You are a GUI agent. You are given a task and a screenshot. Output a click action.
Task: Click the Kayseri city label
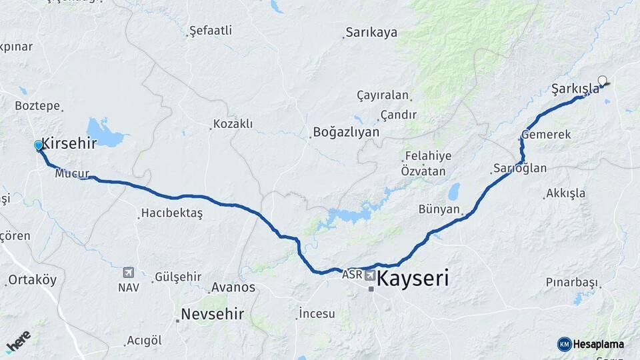tap(413, 278)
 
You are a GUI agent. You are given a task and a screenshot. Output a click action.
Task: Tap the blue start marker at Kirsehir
tap(39, 145)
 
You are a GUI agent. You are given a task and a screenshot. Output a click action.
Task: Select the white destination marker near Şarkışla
tap(603, 81)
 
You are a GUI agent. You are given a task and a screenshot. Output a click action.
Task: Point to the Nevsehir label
tap(213, 314)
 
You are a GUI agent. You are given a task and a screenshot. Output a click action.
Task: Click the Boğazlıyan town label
tap(346, 132)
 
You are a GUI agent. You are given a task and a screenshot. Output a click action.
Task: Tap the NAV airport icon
tap(129, 272)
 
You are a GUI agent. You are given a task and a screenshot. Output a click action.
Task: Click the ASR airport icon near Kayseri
tap(370, 275)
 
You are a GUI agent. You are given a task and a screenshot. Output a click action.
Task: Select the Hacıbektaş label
tap(171, 214)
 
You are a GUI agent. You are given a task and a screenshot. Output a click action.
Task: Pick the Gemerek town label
tap(546, 135)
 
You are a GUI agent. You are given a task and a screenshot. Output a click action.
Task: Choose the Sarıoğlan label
tap(520, 168)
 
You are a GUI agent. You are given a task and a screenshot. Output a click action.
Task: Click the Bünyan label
tap(439, 209)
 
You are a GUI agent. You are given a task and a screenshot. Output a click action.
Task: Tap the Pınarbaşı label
tap(571, 282)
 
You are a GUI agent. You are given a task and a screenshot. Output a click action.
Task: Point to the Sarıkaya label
tap(371, 33)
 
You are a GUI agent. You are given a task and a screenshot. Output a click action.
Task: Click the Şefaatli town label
tap(211, 31)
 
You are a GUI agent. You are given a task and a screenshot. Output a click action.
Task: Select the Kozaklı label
tap(233, 124)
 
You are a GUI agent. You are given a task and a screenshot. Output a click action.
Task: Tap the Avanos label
tap(233, 287)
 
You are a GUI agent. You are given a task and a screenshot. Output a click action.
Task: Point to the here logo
tap(18, 341)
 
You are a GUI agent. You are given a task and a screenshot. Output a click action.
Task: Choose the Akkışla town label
tap(565, 194)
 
